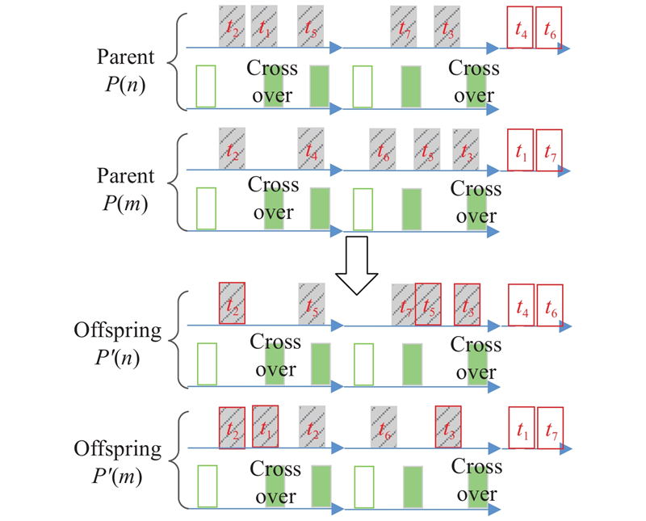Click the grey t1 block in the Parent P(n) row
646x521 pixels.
(264, 26)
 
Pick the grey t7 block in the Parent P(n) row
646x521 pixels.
(403, 27)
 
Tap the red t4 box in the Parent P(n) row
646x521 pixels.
(520, 28)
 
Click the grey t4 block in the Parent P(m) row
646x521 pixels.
(311, 148)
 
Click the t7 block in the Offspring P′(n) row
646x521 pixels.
(404, 305)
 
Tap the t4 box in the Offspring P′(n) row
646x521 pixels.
(521, 306)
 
